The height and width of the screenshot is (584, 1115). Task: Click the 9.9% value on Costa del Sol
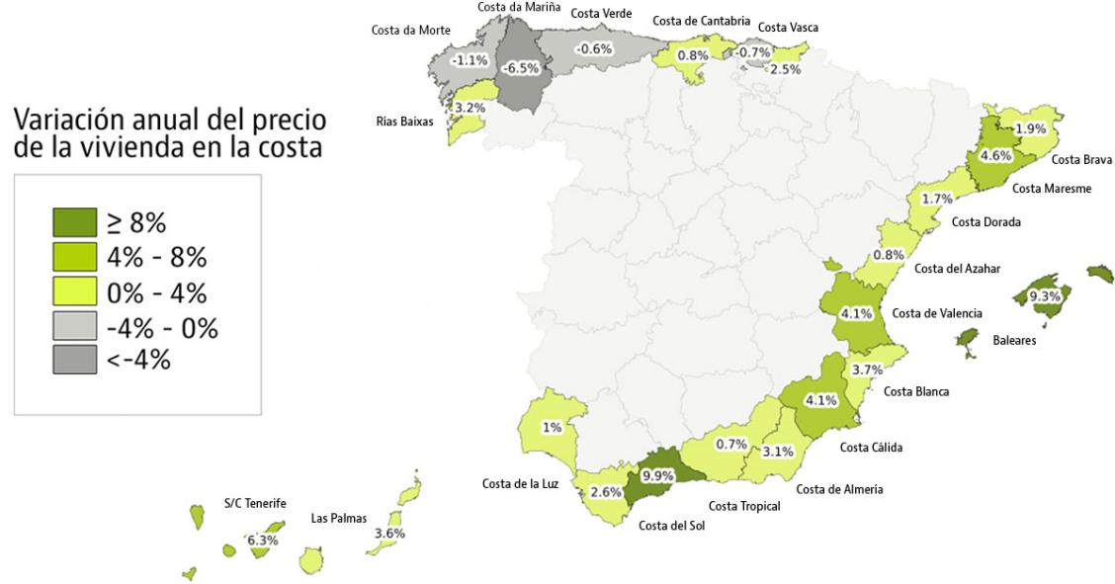[657, 474]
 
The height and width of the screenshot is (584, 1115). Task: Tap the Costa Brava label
[1081, 159]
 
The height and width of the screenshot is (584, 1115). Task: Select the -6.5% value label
[521, 68]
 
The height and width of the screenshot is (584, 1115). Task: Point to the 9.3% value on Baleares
[1045, 295]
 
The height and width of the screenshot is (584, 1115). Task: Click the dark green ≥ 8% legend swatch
[74, 223]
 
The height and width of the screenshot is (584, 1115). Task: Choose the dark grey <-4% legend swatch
[74, 359]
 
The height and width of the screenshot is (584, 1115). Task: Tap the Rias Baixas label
[404, 123]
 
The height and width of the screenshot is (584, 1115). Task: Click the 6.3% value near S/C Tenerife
[263, 540]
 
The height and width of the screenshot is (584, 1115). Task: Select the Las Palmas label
[338, 518]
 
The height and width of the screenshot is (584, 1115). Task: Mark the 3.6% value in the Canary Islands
[390, 533]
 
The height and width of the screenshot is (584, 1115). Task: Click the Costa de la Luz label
[520, 483]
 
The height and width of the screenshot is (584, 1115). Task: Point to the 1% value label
[552, 428]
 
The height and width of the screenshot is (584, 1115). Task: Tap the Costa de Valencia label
[937, 313]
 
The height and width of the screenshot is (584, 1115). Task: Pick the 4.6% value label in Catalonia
[995, 155]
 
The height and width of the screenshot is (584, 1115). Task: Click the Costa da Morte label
[410, 30]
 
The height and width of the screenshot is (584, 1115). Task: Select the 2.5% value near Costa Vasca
[786, 68]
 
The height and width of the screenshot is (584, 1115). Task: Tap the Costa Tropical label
[744, 506]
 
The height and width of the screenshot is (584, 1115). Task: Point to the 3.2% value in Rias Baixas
[469, 106]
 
